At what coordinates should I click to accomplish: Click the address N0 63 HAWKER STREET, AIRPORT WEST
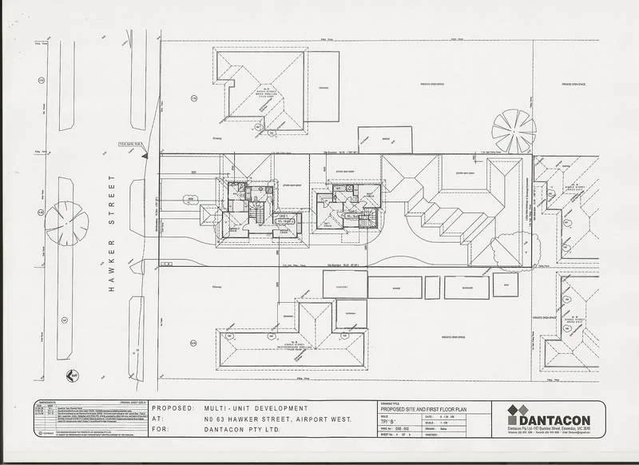pyautogui.click(x=276, y=417)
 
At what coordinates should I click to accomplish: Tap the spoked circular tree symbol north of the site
pyautogui.click(x=514, y=128)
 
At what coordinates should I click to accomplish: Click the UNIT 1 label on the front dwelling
pyautogui.click(x=283, y=216)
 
